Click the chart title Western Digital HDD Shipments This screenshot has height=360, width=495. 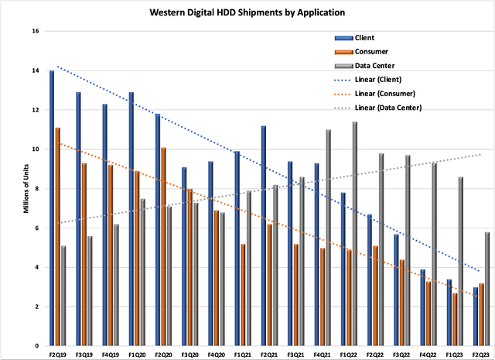tap(247, 13)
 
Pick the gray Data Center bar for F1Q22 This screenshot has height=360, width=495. tap(355, 233)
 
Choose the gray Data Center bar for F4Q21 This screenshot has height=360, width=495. tap(328, 237)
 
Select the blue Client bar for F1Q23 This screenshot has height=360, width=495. tap(449, 312)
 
